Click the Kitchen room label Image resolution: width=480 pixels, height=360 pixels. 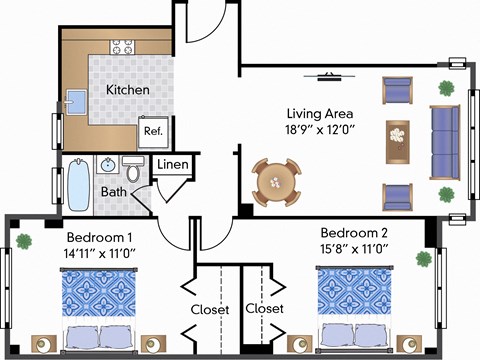point(128,90)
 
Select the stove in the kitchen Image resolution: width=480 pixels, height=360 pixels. point(123,46)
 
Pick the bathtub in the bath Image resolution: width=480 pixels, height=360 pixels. point(77,185)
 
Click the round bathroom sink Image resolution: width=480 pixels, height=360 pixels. point(106,164)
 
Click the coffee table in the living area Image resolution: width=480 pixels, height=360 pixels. point(399,140)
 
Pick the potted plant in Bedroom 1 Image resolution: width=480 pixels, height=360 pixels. point(23,240)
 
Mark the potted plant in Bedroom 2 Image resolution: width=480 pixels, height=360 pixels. point(424,259)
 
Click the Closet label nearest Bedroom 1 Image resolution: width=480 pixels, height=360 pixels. point(210,309)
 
